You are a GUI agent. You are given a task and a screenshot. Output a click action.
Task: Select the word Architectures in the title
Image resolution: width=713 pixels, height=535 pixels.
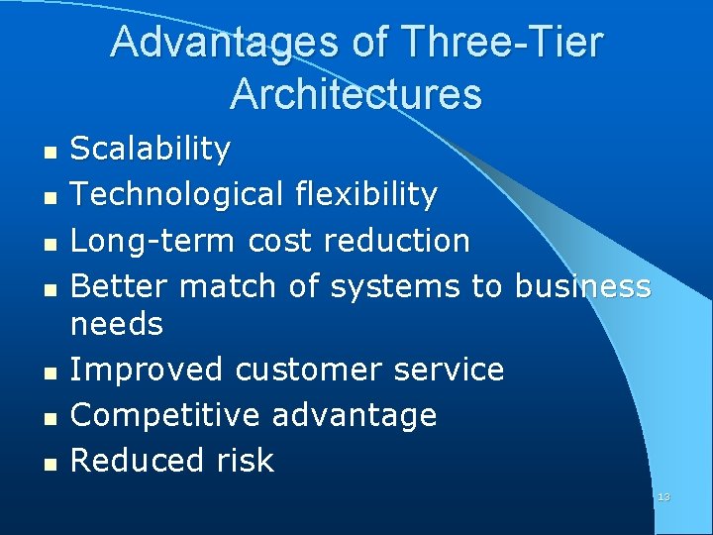(356, 94)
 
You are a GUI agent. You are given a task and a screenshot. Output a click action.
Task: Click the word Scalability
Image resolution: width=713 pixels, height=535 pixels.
(151, 150)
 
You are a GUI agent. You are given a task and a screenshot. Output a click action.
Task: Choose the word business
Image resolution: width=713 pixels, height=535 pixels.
(581, 286)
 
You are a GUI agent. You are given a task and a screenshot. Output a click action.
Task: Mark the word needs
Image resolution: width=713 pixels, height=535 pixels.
(117, 324)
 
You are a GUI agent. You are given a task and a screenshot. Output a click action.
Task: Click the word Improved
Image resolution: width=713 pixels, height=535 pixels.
(148, 370)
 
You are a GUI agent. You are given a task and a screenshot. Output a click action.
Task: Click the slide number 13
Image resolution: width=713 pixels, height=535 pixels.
(663, 496)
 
